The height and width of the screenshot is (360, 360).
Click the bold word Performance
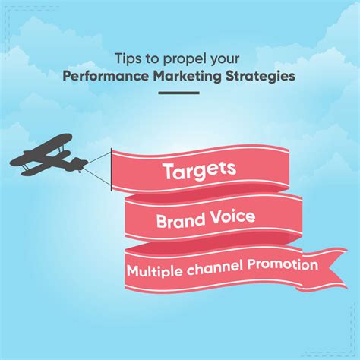coord(106,76)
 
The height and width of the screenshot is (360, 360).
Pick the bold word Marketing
coord(188,77)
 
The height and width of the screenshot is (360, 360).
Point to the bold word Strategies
coord(261,77)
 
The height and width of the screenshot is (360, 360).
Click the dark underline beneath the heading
coord(179,93)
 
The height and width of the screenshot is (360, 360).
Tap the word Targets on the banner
coord(200,170)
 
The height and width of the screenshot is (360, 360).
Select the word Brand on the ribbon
coord(181,220)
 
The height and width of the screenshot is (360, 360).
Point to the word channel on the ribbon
coord(216,267)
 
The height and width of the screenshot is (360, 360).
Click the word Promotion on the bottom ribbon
coord(283,265)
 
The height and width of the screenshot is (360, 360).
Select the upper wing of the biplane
coord(40,148)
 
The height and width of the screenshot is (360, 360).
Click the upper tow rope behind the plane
coord(99,158)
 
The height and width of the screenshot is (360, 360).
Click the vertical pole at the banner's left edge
coord(112,169)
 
